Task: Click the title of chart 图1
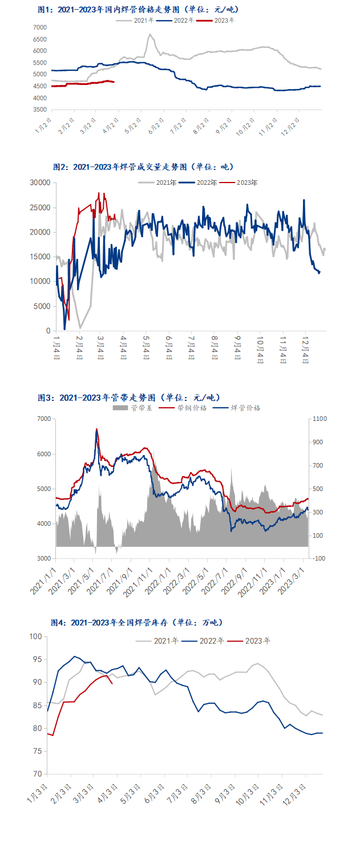(138, 10)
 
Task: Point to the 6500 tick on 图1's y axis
(40, 39)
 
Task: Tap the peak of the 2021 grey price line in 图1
(149, 34)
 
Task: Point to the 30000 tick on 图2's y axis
(41, 182)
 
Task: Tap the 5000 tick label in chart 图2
(43, 306)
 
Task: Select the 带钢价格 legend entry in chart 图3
(175, 408)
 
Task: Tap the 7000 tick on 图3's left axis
(43, 419)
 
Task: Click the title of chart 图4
(137, 622)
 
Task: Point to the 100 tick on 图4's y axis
(37, 636)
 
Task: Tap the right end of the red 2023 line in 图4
(112, 683)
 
